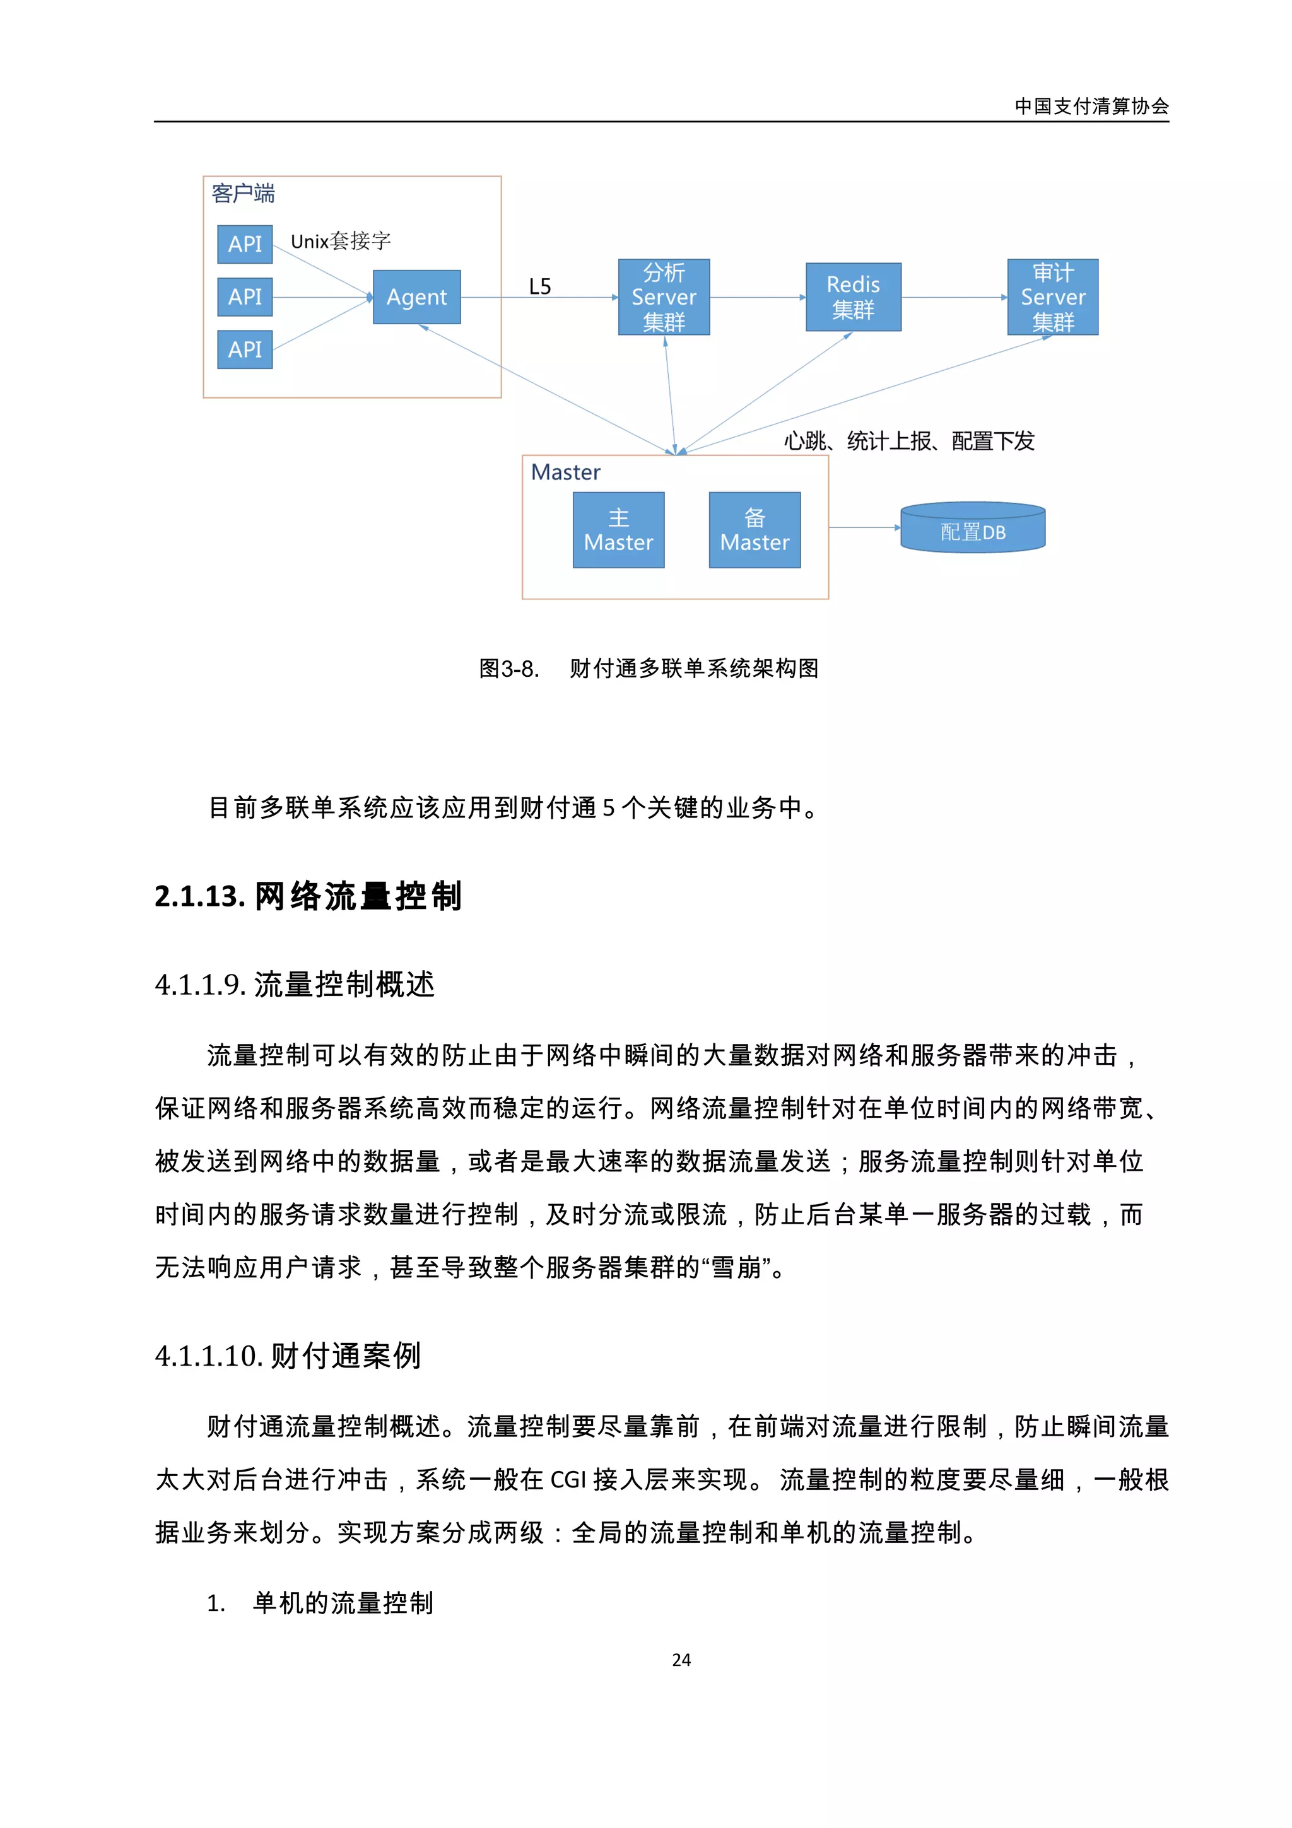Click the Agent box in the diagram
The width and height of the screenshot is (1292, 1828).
pos(416,297)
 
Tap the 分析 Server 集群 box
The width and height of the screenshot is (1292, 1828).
pos(664,297)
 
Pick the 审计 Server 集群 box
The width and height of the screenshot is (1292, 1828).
pos(1052,297)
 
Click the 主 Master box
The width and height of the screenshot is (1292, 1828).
pos(618,530)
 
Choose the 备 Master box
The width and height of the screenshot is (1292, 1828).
pos(754,530)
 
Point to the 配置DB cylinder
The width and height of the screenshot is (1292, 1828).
pos(973,529)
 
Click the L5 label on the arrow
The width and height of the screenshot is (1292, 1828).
pos(540,286)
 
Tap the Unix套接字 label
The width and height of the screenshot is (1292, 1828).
pos(341,241)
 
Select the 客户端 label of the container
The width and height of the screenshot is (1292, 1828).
pos(243,194)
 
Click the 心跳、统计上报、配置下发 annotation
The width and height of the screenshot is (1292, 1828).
pos(909,441)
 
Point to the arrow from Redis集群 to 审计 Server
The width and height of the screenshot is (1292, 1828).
pos(954,298)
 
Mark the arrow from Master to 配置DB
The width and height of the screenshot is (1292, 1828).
pos(864,527)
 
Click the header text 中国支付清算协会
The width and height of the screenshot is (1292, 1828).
pos(1091,107)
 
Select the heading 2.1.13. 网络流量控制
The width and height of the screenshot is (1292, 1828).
pos(308,896)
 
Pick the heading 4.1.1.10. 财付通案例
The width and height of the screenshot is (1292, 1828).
pos(288,1355)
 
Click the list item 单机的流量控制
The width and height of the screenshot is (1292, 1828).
pos(343,1603)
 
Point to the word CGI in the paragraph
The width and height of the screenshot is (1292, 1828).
pos(568,1479)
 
